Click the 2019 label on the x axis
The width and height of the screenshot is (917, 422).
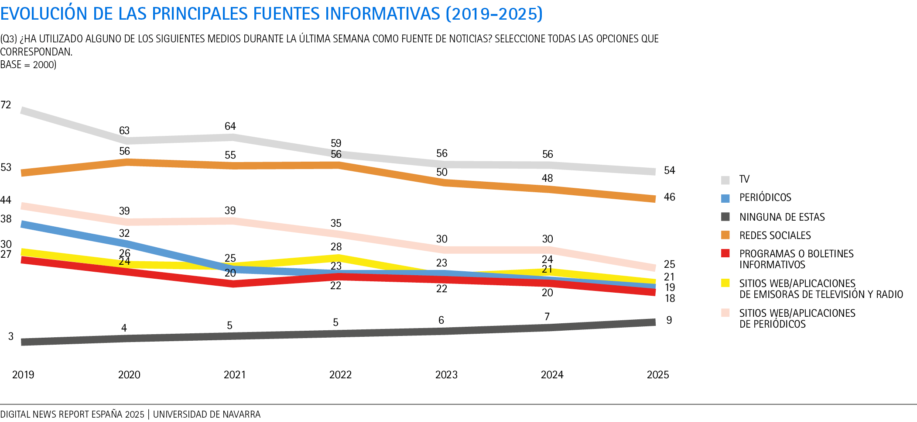pyautogui.click(x=23, y=374)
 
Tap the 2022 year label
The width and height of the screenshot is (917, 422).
pyautogui.click(x=340, y=374)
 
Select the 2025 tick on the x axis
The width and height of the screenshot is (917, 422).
pyautogui.click(x=658, y=374)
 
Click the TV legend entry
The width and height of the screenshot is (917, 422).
pyautogui.click(x=744, y=179)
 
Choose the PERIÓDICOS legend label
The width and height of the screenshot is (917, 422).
pyautogui.click(x=765, y=197)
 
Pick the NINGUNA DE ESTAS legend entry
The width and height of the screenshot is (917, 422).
pyautogui.click(x=782, y=217)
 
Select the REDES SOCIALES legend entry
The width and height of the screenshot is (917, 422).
pyautogui.click(x=775, y=235)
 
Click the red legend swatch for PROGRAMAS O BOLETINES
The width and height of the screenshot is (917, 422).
pyautogui.click(x=725, y=253)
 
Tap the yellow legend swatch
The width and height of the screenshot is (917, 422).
pyautogui.click(x=725, y=283)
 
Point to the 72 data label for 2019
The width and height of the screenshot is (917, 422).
pyautogui.click(x=6, y=105)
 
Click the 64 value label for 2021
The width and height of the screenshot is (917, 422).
pyautogui.click(x=230, y=126)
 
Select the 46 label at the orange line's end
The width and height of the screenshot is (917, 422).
pyautogui.click(x=669, y=197)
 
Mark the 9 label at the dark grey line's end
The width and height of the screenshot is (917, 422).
pyautogui.click(x=669, y=320)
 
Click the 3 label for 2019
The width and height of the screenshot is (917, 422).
pyautogui.click(x=11, y=336)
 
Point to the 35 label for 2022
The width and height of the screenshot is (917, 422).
pyautogui.click(x=336, y=223)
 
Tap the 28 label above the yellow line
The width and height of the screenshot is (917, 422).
pyautogui.click(x=336, y=247)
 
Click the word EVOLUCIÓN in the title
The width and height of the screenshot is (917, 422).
pyautogui.click(x=44, y=14)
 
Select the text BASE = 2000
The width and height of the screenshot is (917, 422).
pyautogui.click(x=28, y=65)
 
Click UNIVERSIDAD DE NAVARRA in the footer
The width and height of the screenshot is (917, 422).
pyautogui.click(x=206, y=414)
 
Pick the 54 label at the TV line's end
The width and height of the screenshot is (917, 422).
pyautogui.click(x=669, y=170)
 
